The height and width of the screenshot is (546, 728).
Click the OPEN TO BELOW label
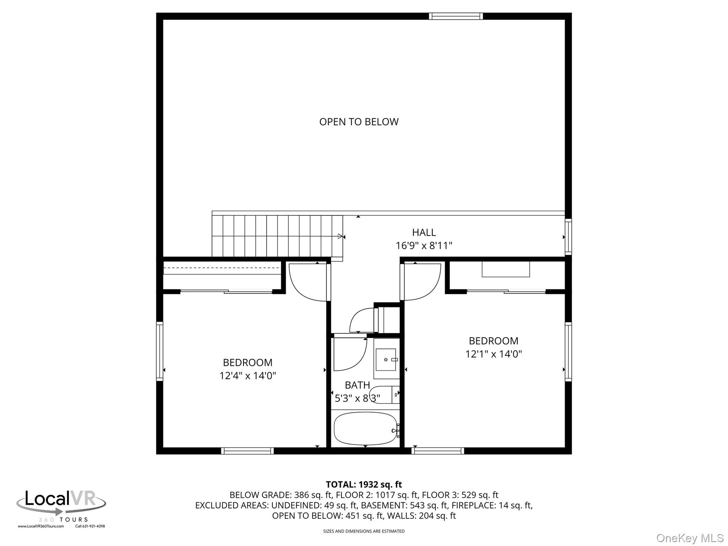(359, 122)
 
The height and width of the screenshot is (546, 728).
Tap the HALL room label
(424, 232)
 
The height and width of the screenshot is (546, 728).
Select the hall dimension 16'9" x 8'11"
(424, 246)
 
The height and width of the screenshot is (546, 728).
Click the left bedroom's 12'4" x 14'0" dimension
(247, 376)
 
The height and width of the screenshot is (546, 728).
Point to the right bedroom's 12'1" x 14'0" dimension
(493, 354)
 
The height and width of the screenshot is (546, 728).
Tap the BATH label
(357, 385)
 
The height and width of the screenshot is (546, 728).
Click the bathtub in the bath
(365, 428)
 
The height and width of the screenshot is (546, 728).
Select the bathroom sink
(386, 359)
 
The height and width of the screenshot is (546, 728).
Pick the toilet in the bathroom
(384, 394)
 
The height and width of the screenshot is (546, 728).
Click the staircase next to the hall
(277, 236)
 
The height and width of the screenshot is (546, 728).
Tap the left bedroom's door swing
(308, 282)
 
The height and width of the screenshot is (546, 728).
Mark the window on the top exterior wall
(455, 16)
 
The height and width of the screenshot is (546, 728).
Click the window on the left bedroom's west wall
(160, 352)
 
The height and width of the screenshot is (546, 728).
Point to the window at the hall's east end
(568, 237)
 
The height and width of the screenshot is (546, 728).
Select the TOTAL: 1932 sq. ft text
(364, 485)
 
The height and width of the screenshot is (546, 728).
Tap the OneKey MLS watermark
(690, 538)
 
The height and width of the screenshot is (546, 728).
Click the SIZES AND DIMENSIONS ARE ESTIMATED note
(364, 531)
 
